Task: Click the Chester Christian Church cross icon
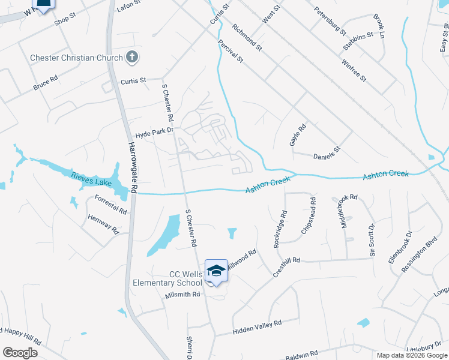[132, 58]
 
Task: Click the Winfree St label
[354, 70]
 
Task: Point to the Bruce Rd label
[45, 83]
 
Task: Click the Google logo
[20, 353]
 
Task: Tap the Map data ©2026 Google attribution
[411, 355]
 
